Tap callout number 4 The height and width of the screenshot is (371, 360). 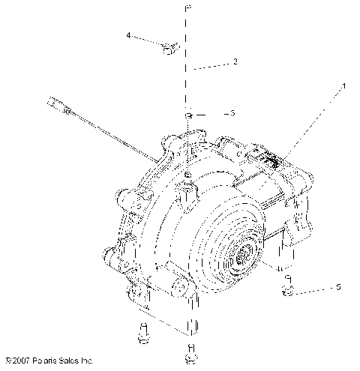[x=129, y=35]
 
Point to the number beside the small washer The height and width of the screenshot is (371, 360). [x=233, y=113]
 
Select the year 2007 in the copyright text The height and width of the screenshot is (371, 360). [x=20, y=361]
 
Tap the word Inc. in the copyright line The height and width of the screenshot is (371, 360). [x=85, y=361]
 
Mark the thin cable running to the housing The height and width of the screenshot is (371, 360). [x=112, y=135]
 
